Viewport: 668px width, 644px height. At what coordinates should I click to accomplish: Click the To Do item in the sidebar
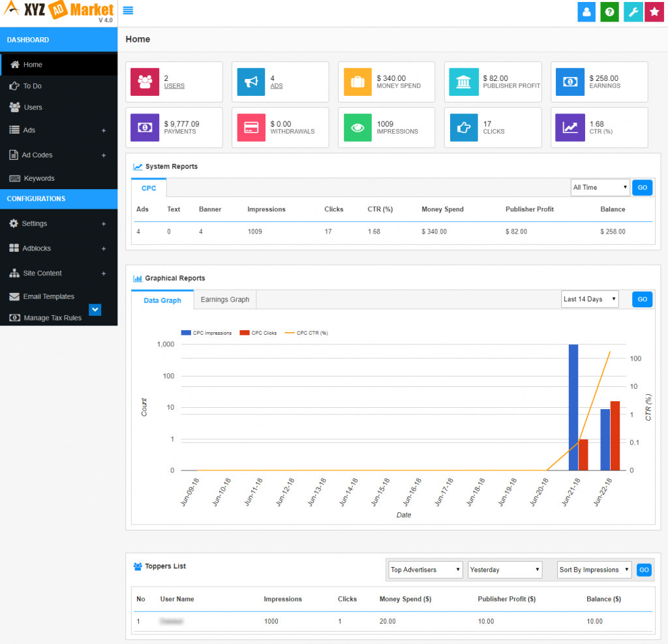(32, 86)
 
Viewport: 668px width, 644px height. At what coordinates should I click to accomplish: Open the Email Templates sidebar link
(48, 296)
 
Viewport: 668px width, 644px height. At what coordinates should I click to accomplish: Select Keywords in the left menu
(38, 178)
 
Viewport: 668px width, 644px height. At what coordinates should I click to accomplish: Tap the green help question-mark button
(609, 12)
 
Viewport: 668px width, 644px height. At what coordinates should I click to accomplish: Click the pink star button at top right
(654, 12)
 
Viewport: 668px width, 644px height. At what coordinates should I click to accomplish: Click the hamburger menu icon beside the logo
(128, 10)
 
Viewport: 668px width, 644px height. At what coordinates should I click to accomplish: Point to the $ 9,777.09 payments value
(181, 124)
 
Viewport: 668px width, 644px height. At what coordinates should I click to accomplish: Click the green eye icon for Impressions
(357, 128)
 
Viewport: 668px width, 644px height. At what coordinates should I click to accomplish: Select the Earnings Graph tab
(225, 299)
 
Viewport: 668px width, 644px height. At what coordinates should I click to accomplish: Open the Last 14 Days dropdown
(590, 299)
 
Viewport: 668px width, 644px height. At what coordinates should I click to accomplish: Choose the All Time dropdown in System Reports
(600, 187)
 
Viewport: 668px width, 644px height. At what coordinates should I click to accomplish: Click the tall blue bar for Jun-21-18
(573, 407)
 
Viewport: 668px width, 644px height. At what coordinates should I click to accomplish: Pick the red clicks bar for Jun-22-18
(615, 436)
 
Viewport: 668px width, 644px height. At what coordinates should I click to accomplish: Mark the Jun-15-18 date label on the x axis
(381, 492)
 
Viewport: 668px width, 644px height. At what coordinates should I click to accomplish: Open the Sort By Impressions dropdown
(594, 570)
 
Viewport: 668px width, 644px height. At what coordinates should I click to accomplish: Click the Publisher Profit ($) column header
(506, 599)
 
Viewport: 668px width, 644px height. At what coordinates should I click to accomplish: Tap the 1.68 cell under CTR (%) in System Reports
(374, 232)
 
